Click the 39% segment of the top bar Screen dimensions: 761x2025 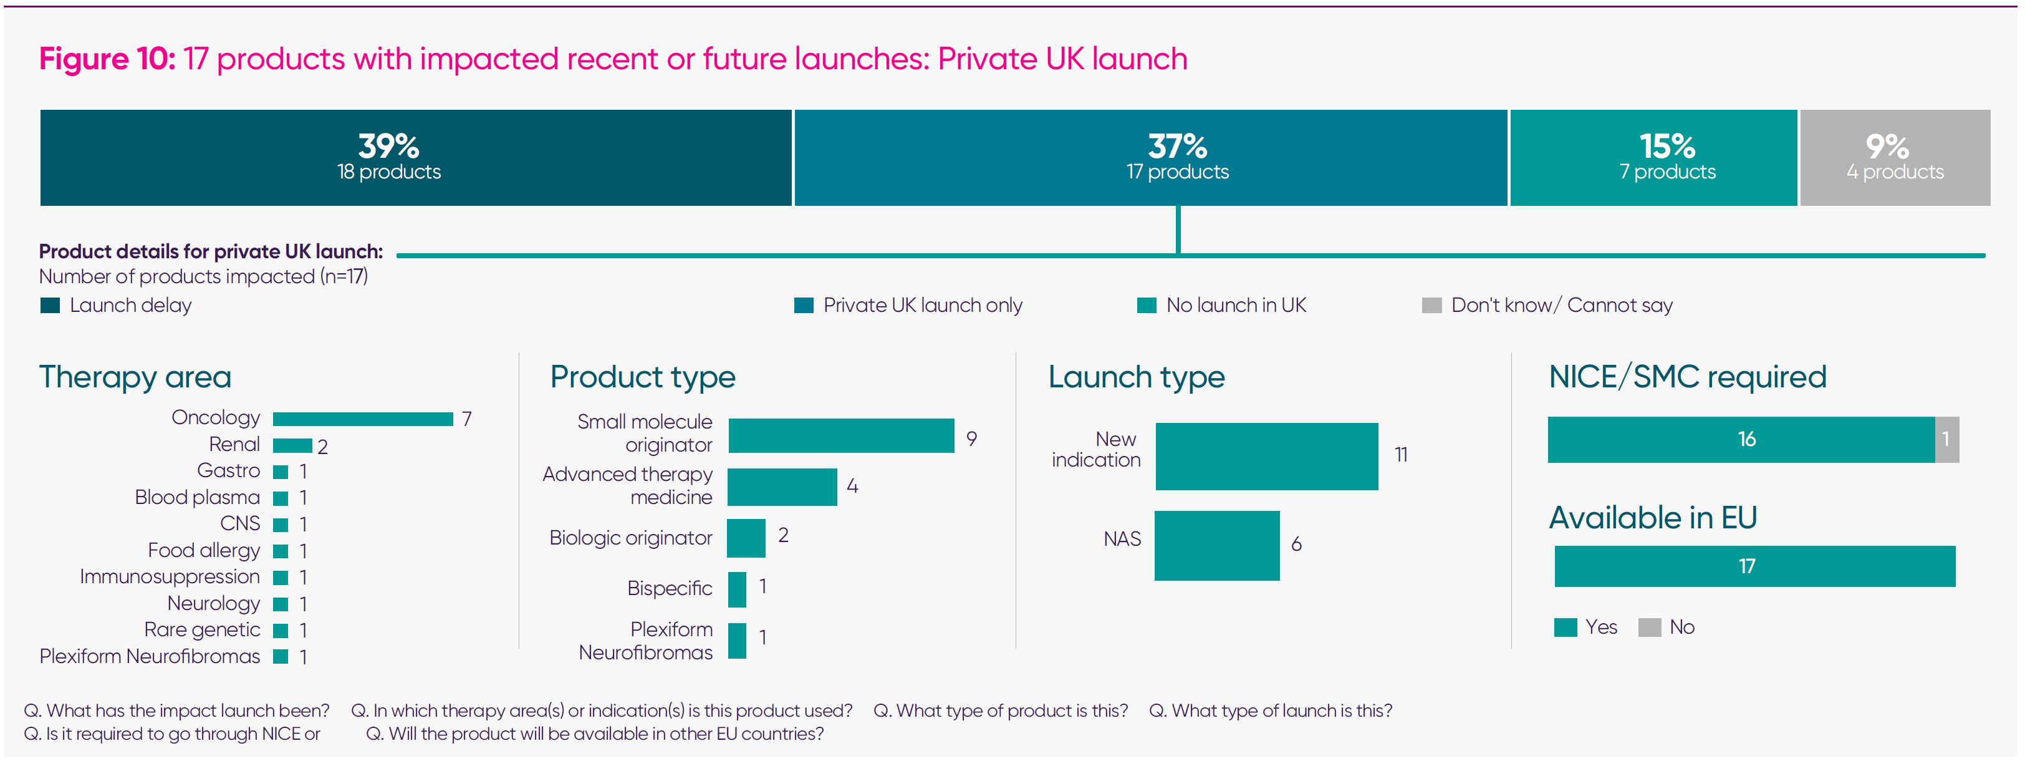415,157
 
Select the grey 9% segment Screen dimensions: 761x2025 1895,157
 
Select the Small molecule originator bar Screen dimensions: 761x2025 840,435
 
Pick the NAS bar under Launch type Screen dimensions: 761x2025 1216,546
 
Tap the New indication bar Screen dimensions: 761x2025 1266,456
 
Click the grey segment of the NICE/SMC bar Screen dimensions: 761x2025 1946,440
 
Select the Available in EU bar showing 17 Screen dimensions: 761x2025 1754,566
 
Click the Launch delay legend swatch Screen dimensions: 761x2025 51,305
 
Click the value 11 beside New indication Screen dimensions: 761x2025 1400,454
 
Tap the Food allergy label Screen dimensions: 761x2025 204,550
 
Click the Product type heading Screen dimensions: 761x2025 642,377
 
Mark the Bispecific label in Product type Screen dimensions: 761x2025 669,588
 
